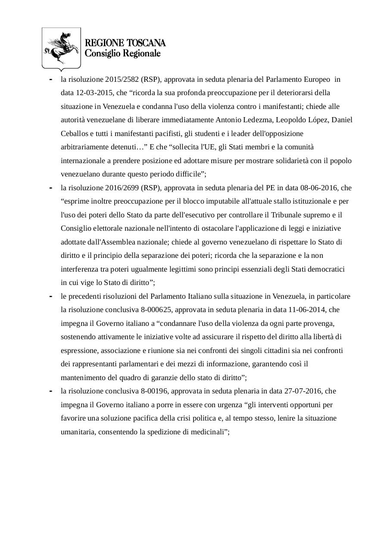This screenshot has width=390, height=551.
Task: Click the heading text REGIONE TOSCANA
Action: (x=125, y=43)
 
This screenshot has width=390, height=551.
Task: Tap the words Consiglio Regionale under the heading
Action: (x=122, y=53)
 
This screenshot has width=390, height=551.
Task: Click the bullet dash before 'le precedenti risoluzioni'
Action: (x=51, y=296)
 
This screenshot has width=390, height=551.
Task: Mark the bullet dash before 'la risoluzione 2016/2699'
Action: (x=51, y=188)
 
